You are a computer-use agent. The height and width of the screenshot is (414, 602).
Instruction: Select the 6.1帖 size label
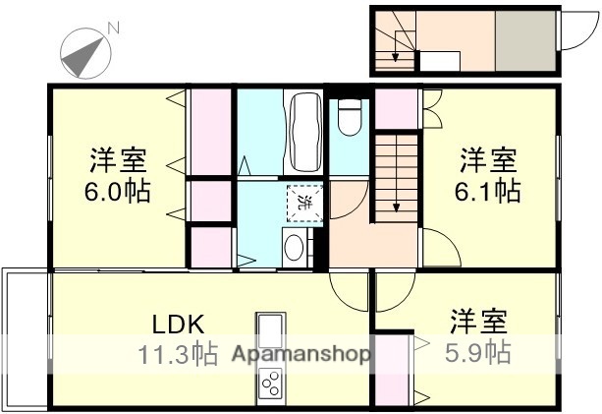pyautogui.click(x=490, y=190)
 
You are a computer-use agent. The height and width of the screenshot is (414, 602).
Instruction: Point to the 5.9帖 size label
pyautogui.click(x=480, y=352)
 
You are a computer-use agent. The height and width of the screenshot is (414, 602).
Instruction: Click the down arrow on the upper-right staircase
pyautogui.click(x=395, y=56)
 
